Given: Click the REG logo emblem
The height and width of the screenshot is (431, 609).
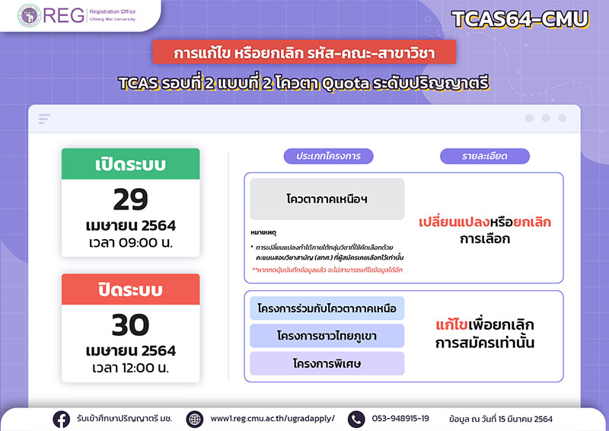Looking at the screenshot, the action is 29,15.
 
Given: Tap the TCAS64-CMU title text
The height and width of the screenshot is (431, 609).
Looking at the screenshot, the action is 521,19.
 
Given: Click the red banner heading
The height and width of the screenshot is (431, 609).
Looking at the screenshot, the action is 304,52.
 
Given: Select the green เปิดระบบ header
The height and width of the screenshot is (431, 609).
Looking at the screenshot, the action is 130,164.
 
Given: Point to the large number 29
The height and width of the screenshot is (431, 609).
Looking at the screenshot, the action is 130,200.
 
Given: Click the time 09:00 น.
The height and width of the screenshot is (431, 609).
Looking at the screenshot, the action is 130,242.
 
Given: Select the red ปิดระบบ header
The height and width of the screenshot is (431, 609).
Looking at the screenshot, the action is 130,289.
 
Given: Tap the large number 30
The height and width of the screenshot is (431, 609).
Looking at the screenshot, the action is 130,325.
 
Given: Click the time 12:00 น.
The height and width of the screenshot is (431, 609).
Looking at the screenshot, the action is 130,368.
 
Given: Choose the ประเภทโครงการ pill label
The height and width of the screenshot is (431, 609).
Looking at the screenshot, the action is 328,156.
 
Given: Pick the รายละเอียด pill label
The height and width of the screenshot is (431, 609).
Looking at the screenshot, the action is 485,156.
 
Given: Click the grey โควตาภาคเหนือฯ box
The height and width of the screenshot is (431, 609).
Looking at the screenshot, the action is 327,199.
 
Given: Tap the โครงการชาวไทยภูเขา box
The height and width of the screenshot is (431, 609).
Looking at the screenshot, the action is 327,336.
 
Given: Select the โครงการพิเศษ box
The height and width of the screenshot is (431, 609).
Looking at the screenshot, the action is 327,363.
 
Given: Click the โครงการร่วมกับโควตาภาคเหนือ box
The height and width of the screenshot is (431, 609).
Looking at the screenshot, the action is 327,308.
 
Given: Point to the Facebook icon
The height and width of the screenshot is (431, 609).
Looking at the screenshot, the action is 62,420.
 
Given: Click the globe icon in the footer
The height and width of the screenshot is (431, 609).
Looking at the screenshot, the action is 195,420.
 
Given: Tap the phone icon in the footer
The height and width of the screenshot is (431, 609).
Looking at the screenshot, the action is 356,420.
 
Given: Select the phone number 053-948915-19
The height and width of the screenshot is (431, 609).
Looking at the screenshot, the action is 400,419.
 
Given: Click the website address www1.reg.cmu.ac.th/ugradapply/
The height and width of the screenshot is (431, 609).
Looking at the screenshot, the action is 273,419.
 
